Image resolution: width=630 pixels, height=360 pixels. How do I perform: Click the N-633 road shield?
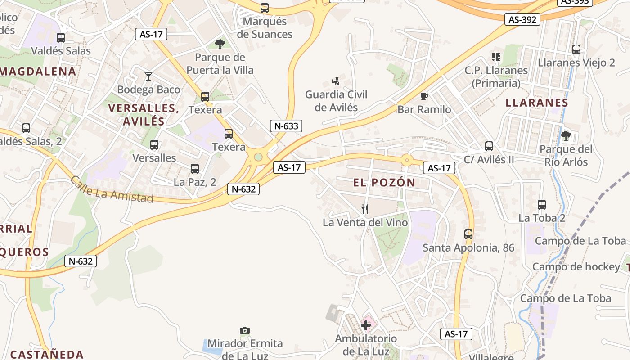pyautogui.click(x=286, y=126)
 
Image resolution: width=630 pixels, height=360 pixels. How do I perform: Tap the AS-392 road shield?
pyautogui.click(x=522, y=19)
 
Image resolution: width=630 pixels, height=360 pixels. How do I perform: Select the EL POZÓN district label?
pyautogui.click(x=384, y=182)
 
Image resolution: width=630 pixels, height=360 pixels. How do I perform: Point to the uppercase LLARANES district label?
pyautogui.click(x=537, y=102)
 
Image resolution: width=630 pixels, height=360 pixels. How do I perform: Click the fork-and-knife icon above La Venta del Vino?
pyautogui.click(x=365, y=209)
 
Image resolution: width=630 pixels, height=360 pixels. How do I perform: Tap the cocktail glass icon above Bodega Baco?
pyautogui.click(x=148, y=76)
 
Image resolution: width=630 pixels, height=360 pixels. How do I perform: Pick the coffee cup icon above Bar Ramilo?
pyautogui.click(x=424, y=96)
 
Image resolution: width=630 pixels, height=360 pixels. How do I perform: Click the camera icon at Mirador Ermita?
pyautogui.click(x=245, y=331)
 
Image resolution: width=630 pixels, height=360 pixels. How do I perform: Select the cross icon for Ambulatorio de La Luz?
pyautogui.click(x=366, y=325)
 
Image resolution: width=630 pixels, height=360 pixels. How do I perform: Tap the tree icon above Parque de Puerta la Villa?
pyautogui.click(x=220, y=44)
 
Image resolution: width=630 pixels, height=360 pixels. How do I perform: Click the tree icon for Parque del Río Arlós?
pyautogui.click(x=566, y=135)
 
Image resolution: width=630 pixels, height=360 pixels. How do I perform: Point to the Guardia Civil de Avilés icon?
pyautogui.click(x=336, y=81)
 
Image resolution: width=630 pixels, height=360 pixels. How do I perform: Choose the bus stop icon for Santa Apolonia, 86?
pyautogui.click(x=468, y=234)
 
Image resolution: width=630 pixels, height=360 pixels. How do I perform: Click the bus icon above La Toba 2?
pyautogui.click(x=542, y=205)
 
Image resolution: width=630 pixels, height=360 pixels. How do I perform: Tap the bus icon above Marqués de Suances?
pyautogui.click(x=265, y=8)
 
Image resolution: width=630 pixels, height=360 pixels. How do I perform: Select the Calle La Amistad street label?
pyautogui.click(x=112, y=189)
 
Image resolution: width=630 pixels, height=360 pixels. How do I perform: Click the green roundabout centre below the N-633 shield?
pyautogui.click(x=258, y=157)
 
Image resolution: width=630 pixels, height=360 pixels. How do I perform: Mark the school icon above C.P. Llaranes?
pyautogui.click(x=496, y=57)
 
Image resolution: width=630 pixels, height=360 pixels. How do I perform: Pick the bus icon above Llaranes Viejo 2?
pyautogui.click(x=576, y=49)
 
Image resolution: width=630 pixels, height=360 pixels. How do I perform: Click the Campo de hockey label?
pyautogui.click(x=576, y=267)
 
